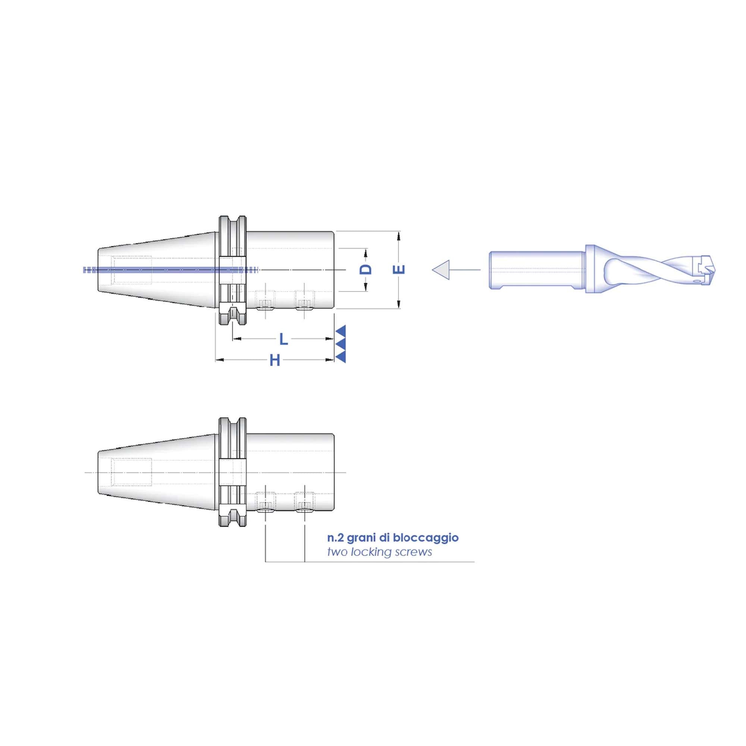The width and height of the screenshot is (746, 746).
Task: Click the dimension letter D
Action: (x=366, y=269)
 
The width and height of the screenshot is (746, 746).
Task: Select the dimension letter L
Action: (x=283, y=340)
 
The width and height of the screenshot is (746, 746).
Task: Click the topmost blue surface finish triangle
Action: (x=341, y=330)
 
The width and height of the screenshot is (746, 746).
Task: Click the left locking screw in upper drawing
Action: (x=266, y=303)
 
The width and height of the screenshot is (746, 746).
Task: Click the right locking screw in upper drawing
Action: (x=305, y=303)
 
